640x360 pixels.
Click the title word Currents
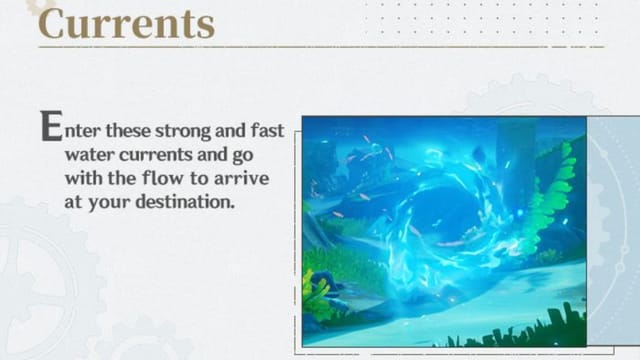(126, 22)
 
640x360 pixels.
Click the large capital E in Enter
(48, 127)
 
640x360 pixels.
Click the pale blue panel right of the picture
(612, 230)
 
